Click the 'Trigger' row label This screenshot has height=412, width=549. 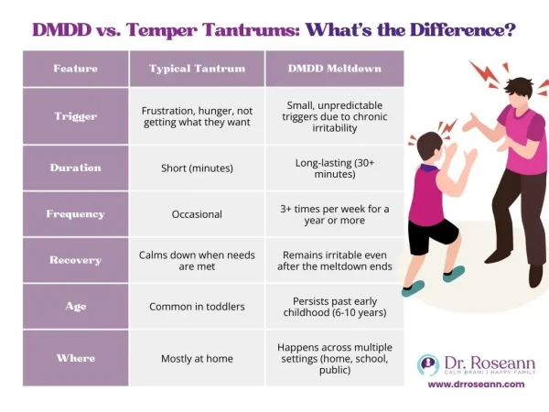tap(75, 116)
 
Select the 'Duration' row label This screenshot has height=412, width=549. tap(75, 168)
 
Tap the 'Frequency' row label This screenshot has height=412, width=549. tap(75, 214)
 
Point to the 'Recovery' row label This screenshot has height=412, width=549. tap(75, 260)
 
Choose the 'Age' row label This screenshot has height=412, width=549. tap(75, 307)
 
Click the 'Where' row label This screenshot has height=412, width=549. tap(75, 359)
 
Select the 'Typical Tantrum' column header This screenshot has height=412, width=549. tap(197, 70)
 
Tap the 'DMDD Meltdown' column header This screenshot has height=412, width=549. tap(333, 70)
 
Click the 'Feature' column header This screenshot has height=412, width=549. tap(75, 70)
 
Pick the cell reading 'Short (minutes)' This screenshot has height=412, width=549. tap(197, 168)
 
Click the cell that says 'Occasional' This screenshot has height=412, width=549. tap(197, 214)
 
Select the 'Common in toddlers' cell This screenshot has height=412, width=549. tap(197, 307)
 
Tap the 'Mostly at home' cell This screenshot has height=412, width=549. tap(197, 359)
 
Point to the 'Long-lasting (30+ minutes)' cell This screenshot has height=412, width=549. tap(333, 168)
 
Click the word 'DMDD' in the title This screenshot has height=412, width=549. tap(62, 29)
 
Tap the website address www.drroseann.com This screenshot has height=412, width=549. tap(477, 385)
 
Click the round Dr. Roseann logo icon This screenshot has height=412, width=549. tap(428, 364)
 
